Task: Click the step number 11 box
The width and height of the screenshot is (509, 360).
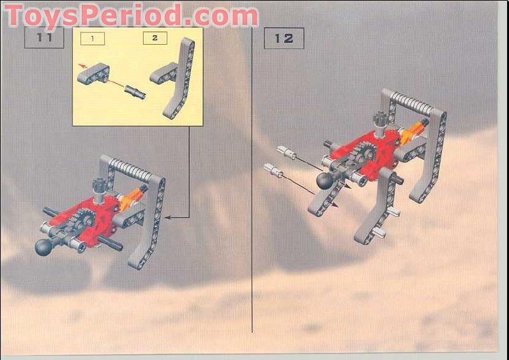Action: click(44, 38)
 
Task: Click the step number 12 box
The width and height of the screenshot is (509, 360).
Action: click(284, 38)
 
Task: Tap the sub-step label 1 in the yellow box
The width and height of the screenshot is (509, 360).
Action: click(93, 39)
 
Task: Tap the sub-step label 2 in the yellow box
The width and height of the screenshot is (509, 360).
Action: click(155, 38)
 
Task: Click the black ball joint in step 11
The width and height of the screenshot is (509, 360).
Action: click(46, 247)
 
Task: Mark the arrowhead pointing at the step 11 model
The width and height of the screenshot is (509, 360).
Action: click(167, 218)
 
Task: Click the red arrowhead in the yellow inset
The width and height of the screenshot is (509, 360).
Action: click(80, 65)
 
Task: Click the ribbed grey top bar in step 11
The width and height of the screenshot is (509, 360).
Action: click(131, 167)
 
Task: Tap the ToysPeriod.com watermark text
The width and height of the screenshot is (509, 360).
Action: click(132, 15)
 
